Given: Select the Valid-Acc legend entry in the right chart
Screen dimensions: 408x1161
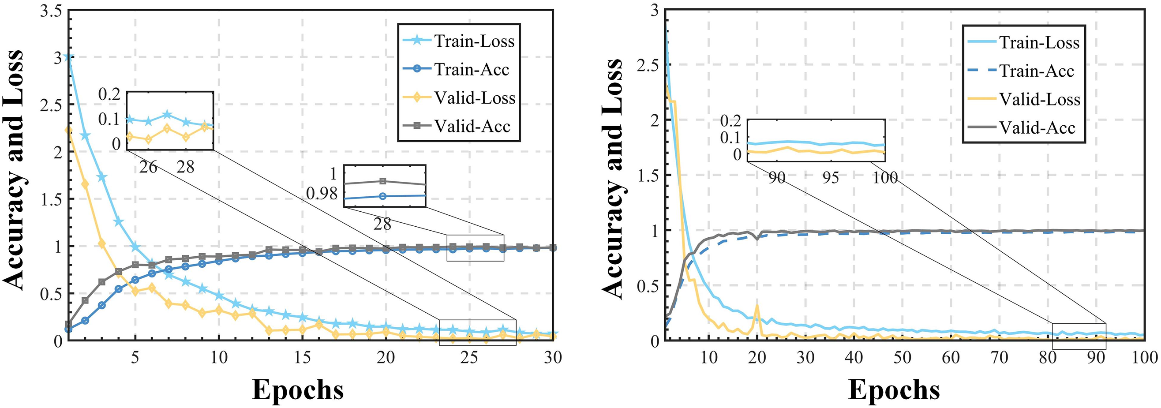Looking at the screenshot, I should [1037, 128].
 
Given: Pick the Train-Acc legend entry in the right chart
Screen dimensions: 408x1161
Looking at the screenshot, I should [1037, 71].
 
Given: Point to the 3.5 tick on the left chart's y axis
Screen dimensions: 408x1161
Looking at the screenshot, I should [50, 11].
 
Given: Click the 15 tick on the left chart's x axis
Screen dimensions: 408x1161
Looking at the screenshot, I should [303, 358].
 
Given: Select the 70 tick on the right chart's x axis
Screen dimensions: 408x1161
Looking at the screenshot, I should [999, 358].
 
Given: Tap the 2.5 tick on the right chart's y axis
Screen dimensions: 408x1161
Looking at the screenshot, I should [648, 65].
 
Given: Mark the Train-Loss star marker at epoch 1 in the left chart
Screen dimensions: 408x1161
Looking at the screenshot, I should [68, 57].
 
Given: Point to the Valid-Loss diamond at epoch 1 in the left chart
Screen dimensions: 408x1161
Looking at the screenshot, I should [68, 130].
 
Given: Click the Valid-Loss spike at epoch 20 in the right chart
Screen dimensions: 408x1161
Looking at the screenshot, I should [757, 307].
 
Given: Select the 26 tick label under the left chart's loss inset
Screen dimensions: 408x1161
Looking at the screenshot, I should [148, 167].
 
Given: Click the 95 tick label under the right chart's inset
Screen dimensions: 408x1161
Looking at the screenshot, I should [830, 178].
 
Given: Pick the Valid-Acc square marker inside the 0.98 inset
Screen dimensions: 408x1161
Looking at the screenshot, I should [382, 181].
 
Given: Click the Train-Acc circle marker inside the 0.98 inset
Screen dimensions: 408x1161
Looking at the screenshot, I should [382, 196].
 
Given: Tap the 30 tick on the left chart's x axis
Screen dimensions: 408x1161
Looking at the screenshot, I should [553, 358].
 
